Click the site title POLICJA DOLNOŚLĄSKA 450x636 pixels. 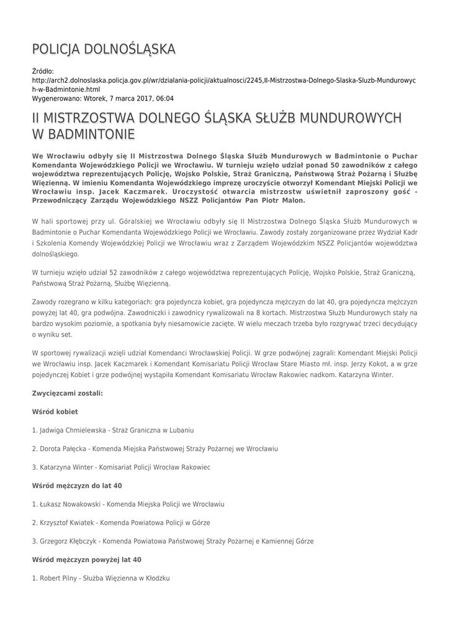click(x=104, y=49)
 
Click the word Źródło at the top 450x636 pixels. click(x=43, y=71)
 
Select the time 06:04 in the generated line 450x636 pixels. click(x=165, y=98)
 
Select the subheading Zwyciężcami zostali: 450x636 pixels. click(x=67, y=393)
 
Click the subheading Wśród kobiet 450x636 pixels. click(x=55, y=412)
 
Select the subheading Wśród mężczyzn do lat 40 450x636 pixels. click(x=76, y=485)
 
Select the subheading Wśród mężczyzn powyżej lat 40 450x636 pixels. click(x=86, y=560)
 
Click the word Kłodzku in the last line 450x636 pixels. click(x=158, y=578)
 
